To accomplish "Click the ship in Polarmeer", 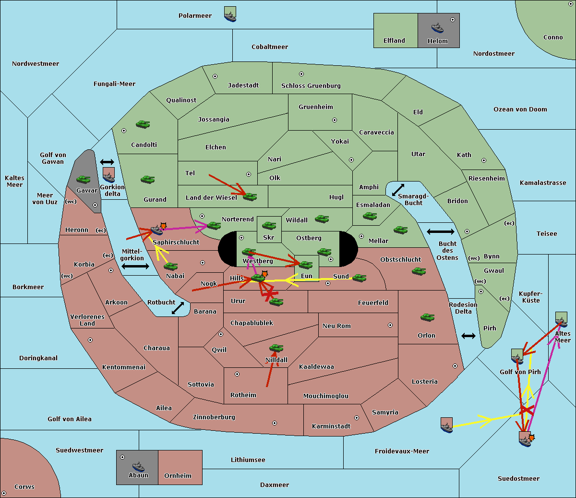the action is click(230, 16).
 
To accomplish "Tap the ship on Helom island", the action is click(437, 28).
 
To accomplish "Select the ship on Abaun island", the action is click(138, 467).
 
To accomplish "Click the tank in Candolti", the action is click(143, 124).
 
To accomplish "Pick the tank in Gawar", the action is click(83, 179).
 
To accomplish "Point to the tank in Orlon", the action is click(427, 317).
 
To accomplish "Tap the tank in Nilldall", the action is click(276, 348).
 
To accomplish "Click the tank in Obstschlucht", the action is click(419, 271).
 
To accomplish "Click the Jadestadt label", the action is click(243, 85).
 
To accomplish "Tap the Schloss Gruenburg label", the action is click(311, 85).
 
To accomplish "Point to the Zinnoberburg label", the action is click(214, 417).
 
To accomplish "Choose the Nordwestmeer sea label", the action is click(36, 63).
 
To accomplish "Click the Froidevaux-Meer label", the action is click(402, 451).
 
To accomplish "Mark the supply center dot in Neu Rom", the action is click(390, 325).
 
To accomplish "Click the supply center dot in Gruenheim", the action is click(335, 120).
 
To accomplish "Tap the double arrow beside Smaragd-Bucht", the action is click(398, 190).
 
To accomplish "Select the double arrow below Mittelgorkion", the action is click(135, 267).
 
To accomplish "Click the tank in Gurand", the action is click(147, 179).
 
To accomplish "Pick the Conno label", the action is click(553, 37).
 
